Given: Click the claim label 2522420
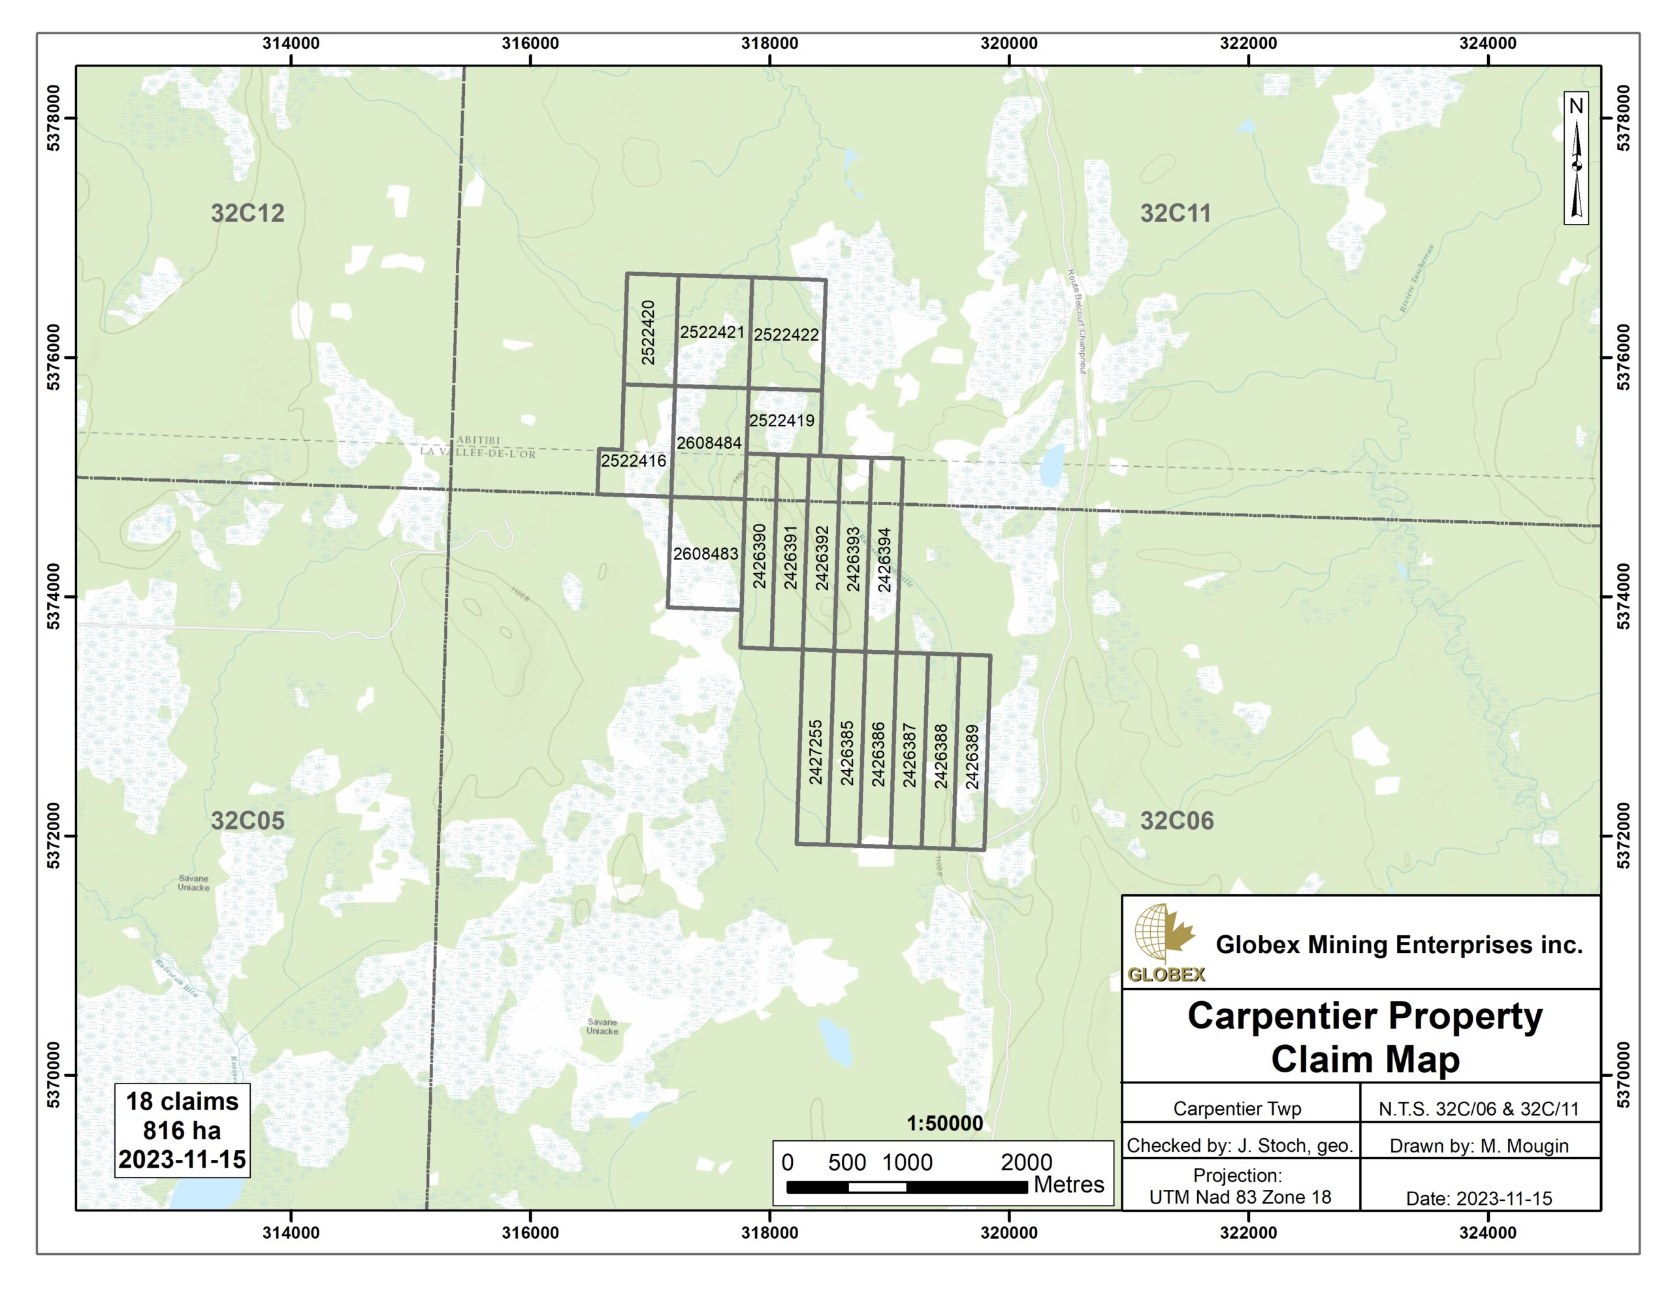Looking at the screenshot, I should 648,332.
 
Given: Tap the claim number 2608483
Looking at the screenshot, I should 705,553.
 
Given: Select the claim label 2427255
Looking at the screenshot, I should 815,751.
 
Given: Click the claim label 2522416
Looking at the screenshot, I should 633,461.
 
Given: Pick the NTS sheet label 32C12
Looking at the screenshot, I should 248,213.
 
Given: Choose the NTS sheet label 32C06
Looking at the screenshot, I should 1177,820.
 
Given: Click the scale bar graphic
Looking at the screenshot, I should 907,1187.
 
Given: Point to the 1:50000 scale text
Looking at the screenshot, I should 944,1123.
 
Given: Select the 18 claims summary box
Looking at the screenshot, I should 182,1130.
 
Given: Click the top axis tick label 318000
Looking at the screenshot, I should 769,44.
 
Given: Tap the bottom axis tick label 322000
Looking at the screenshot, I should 1248,1233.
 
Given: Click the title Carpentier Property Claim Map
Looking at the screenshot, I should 1364,1037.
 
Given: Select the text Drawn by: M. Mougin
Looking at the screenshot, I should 1479,1145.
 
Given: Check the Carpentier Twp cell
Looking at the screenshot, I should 1237,1108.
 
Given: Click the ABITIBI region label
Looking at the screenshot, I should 477,440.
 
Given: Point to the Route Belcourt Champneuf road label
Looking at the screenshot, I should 1077,321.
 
